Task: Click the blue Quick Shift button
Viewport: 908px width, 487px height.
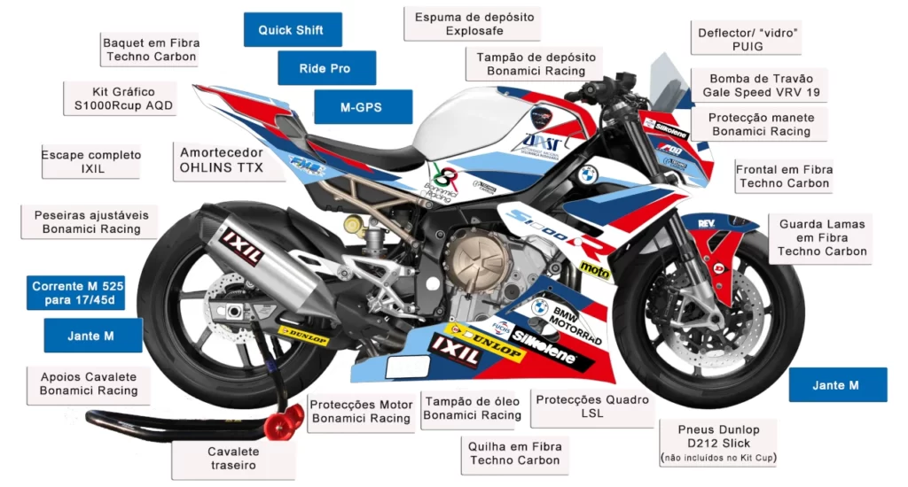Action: (x=291, y=30)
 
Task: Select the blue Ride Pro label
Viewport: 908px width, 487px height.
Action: (x=325, y=68)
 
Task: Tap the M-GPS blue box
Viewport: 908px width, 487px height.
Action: (x=362, y=107)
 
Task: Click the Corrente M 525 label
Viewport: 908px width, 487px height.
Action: (x=78, y=293)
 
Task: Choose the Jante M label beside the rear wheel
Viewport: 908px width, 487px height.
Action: (x=92, y=336)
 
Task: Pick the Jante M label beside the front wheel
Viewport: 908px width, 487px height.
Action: (x=837, y=385)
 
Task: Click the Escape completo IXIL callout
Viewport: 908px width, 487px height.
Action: (x=91, y=161)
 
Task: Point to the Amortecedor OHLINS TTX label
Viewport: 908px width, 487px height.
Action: (x=222, y=159)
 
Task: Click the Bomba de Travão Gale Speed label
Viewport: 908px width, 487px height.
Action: (x=761, y=85)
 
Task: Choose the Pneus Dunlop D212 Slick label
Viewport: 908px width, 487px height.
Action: (x=717, y=443)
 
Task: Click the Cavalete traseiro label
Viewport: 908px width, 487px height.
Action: (x=233, y=458)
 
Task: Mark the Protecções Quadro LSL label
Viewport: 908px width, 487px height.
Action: (x=591, y=406)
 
